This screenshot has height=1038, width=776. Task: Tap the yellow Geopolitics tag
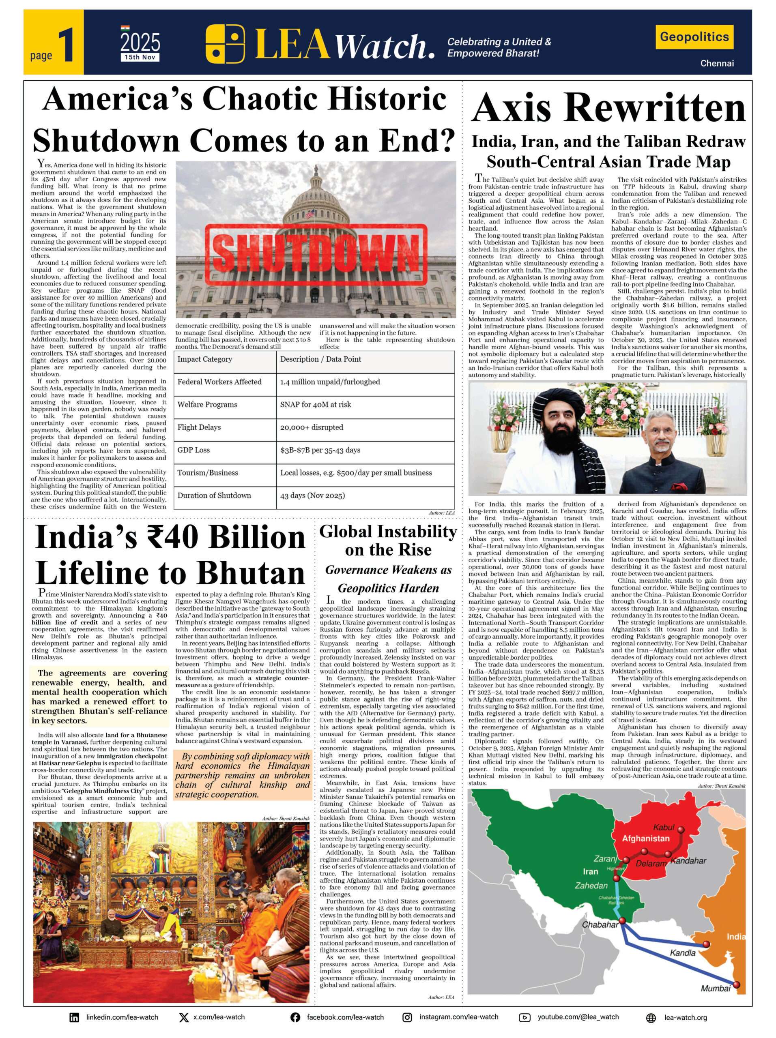tap(694, 36)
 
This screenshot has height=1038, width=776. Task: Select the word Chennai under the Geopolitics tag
tap(716, 63)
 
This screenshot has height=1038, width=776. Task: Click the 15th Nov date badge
tap(140, 57)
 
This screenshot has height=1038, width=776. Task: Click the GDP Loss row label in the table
tap(193, 450)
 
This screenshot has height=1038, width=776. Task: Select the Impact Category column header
tap(205, 359)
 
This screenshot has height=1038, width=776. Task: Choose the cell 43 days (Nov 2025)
tap(313, 495)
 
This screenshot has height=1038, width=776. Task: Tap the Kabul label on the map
tap(663, 827)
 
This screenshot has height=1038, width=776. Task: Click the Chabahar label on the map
tap(600, 925)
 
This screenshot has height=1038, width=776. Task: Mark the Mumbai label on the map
tap(716, 988)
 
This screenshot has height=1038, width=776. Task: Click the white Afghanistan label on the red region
tap(645, 839)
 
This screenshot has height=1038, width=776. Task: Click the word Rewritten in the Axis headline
tap(657, 108)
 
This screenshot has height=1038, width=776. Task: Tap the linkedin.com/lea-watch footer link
tap(122, 1017)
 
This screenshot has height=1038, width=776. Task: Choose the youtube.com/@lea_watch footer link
tap(578, 1017)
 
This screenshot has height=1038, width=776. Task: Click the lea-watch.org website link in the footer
tap(686, 1017)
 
